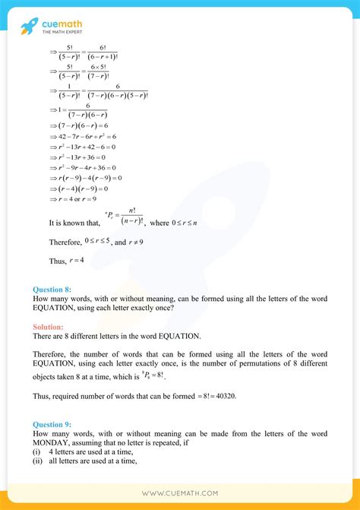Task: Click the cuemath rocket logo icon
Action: (30, 27)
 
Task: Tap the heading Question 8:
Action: (52, 289)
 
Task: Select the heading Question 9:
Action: (52, 424)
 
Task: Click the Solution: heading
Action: (49, 327)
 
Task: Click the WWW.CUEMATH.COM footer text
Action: (180, 493)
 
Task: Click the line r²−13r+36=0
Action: (75, 157)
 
